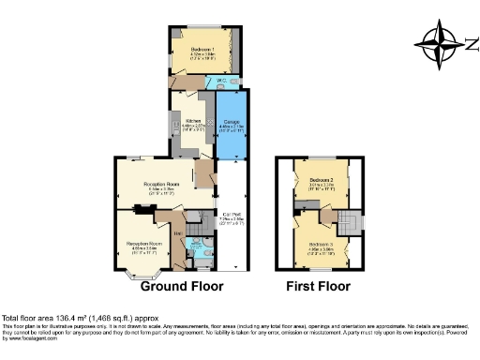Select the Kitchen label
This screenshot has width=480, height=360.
194,122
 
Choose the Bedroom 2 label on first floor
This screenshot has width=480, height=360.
322,177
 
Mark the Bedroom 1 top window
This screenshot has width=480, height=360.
202,25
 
